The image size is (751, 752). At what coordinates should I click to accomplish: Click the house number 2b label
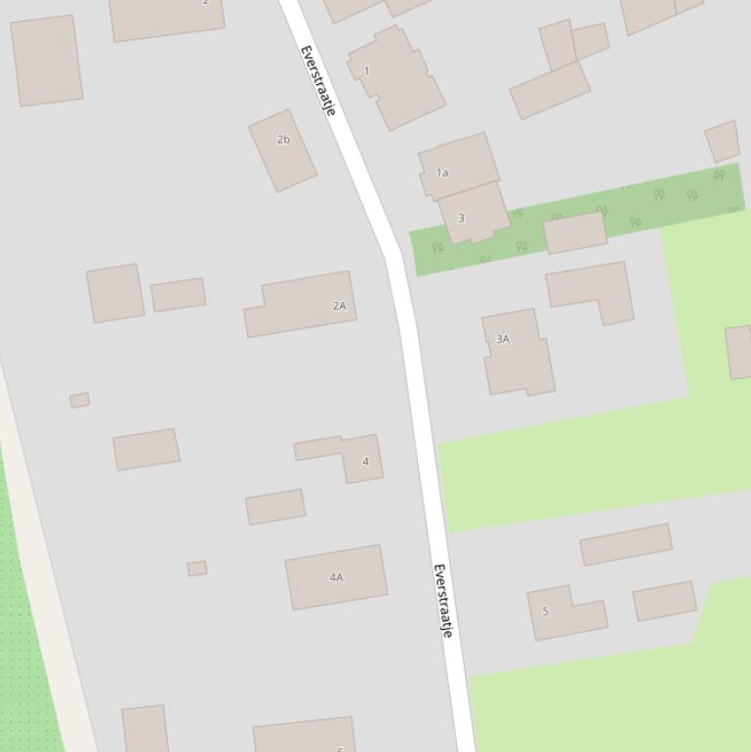click(x=283, y=140)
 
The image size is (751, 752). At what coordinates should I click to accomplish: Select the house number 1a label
click(x=442, y=173)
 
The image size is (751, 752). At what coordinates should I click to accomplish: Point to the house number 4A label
click(x=336, y=577)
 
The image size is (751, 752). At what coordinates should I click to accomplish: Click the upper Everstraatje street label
click(x=317, y=81)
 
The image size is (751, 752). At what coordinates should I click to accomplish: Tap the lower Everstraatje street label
click(x=443, y=601)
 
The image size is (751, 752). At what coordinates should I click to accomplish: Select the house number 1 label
click(x=366, y=70)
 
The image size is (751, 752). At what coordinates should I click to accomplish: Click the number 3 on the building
click(x=461, y=218)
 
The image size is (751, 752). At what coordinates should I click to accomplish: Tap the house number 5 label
click(x=545, y=611)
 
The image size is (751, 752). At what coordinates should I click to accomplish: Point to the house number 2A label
click(x=339, y=306)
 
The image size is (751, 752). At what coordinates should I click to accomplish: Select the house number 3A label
click(x=503, y=339)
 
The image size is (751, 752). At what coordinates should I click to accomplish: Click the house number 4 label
click(x=365, y=461)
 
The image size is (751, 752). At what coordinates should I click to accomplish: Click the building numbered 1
click(x=400, y=83)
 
